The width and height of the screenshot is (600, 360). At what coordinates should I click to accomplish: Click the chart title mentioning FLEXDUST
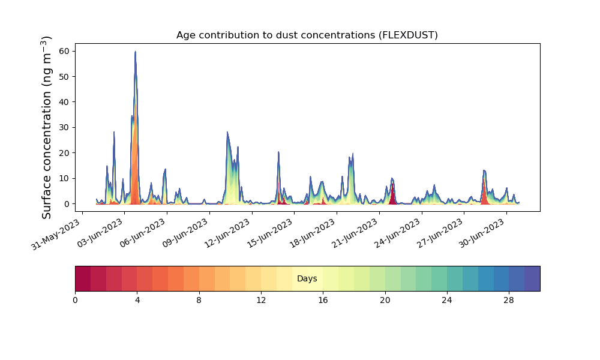307,35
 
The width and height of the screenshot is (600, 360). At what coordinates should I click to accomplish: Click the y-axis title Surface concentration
46,128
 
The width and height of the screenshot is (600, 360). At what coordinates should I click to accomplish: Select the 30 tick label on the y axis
65,127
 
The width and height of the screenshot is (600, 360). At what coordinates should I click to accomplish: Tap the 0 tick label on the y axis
67,204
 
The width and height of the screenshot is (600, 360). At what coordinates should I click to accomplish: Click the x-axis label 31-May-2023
56,235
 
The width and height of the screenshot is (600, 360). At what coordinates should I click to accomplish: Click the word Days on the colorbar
307,278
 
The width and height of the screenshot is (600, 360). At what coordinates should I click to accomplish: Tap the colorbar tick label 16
323,301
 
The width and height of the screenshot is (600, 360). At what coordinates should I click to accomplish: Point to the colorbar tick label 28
509,301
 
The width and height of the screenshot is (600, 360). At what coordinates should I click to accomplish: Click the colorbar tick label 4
137,301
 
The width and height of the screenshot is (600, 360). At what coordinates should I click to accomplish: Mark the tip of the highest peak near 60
135,51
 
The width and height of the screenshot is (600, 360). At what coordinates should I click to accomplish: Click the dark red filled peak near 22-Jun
392,194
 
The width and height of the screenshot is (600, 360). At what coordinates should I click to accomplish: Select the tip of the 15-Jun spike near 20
278,152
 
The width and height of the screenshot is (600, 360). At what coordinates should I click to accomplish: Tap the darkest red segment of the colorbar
83,278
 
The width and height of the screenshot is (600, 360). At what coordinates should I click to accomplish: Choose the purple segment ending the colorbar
532,278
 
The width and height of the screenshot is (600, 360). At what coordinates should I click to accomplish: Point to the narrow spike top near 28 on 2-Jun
113,132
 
